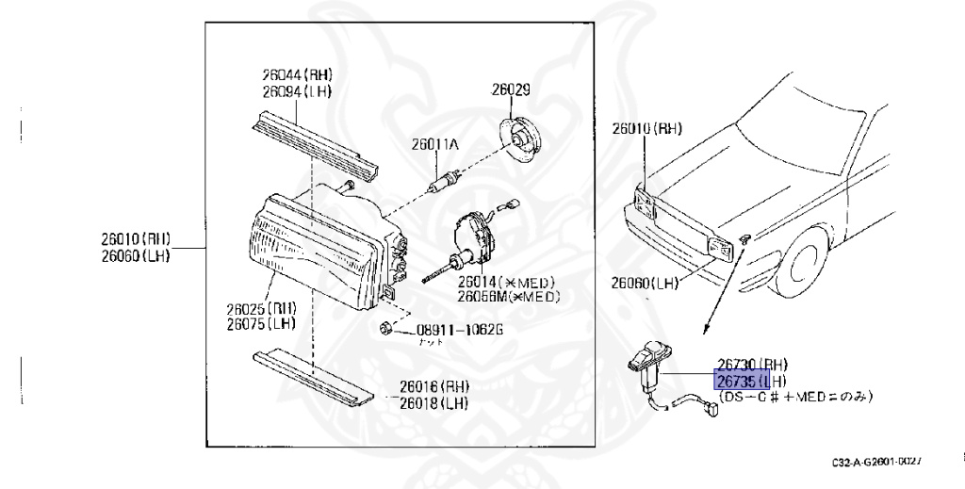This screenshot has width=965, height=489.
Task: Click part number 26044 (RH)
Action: [297, 74]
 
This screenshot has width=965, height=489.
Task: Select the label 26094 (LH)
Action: [297, 91]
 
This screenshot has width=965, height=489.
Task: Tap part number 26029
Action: [510, 90]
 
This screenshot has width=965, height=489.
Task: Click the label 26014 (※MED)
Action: [506, 282]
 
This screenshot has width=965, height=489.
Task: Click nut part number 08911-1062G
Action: [460, 331]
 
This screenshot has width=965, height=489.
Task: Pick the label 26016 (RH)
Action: [433, 386]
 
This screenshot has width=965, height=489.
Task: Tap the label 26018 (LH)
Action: [433, 403]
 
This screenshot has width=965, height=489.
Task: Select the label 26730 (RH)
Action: [752, 364]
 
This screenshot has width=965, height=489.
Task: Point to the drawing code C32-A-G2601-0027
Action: [875, 463]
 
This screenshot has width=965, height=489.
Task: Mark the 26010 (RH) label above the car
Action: [646, 128]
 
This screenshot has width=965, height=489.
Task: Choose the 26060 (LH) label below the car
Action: [645, 282]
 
